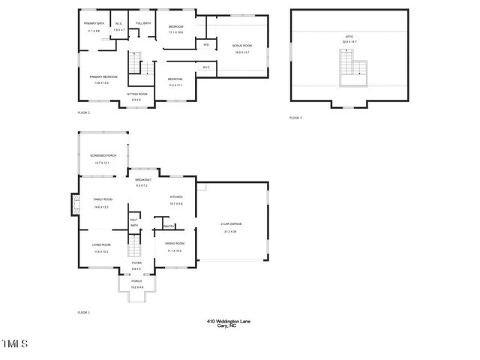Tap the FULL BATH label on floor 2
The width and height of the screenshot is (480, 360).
click(143, 23)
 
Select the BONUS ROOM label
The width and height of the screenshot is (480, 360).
click(242, 46)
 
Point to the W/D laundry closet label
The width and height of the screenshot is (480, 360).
click(206, 44)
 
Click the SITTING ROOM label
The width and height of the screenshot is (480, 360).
click(137, 94)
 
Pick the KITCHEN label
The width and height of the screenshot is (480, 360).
click(176, 196)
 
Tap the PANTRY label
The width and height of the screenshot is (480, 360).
click(169, 225)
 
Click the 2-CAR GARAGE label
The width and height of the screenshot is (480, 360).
click(231, 224)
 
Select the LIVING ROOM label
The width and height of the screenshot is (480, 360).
click(101, 244)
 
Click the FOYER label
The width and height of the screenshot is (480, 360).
click(136, 263)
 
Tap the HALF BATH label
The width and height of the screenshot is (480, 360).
click(134, 222)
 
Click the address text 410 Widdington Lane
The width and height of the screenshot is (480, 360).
click(229, 321)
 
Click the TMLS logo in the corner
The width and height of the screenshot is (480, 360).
click(15, 344)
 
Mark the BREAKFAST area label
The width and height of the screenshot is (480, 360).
click(143, 180)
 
